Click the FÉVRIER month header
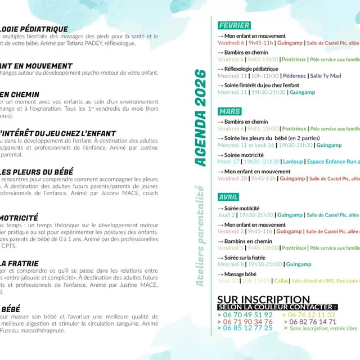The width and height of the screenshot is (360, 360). [x=234, y=26]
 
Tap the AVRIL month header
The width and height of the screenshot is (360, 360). [x=229, y=197]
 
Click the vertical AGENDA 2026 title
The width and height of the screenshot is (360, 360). [x=201, y=118]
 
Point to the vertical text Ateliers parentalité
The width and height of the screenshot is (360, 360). [x=200, y=236]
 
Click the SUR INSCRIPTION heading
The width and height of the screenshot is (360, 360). [x=263, y=299]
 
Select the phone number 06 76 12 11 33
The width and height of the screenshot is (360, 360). [x=310, y=315]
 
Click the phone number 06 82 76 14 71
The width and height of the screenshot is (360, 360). [x=310, y=322]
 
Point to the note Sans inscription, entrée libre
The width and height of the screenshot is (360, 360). [x=323, y=328]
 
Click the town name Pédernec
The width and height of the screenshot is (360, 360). [x=294, y=76]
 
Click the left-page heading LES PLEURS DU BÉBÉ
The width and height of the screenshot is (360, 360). [x=37, y=172]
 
